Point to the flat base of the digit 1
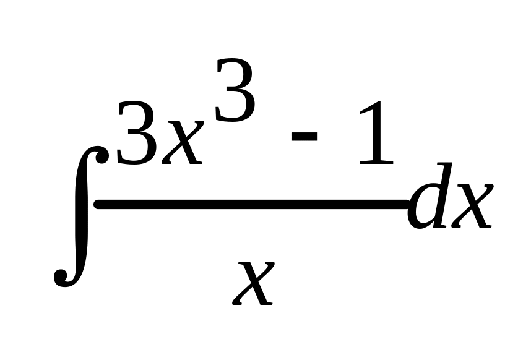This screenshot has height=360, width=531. pos(374,163)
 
